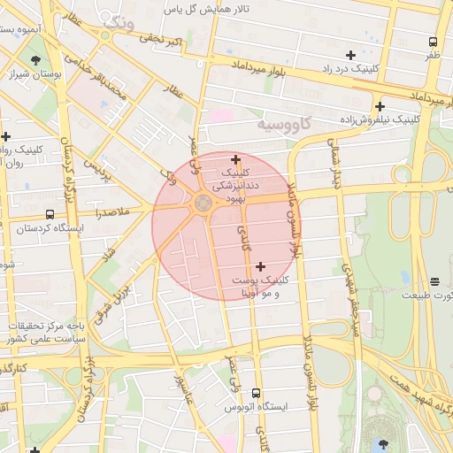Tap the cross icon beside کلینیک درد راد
tap(351, 55)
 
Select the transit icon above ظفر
tap(433, 42)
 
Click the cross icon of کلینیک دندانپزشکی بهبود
tap(235, 159)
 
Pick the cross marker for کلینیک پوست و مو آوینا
tap(260, 265)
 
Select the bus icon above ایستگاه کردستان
tap(49, 214)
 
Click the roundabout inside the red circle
tap(203, 204)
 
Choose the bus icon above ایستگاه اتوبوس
tap(257, 393)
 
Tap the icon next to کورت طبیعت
tap(407, 277)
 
